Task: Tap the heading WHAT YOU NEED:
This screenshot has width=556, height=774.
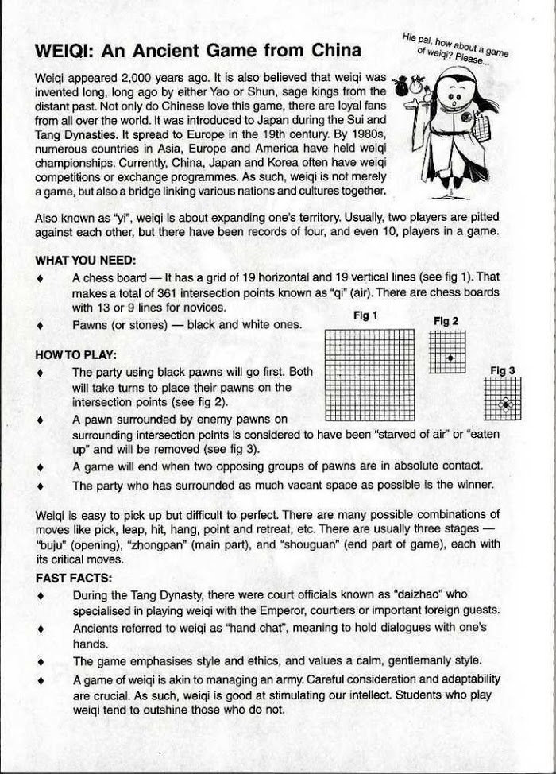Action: (x=86, y=260)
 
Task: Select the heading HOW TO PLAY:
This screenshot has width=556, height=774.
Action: (x=76, y=354)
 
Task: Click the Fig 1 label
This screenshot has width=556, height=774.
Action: (x=365, y=315)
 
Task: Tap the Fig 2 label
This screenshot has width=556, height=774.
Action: (x=446, y=321)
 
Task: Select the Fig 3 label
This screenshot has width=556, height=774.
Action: (x=503, y=370)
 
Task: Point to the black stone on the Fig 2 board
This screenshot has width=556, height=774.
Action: (x=450, y=358)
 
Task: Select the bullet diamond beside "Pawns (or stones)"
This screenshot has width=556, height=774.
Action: (x=41, y=325)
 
